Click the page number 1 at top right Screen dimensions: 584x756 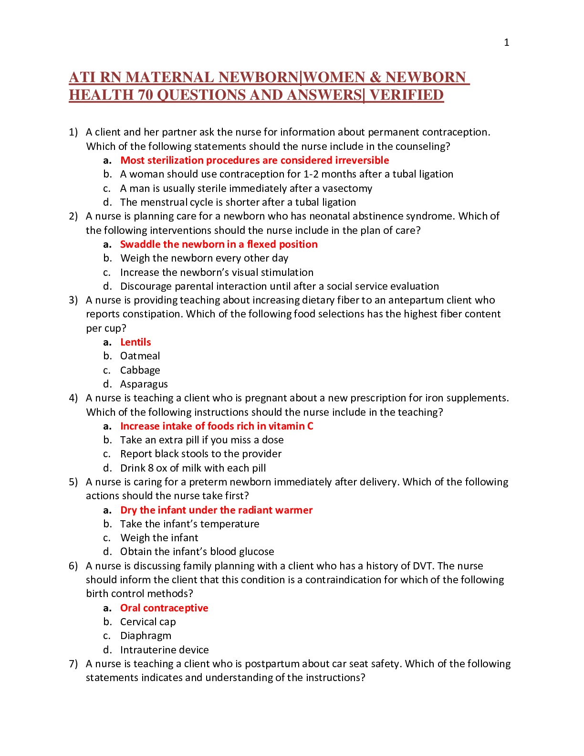coord(506,42)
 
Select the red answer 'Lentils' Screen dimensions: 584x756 coord(136,342)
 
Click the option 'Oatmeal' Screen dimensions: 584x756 coord(140,356)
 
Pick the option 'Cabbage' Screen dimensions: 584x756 coord(140,370)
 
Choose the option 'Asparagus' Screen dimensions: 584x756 coord(144,384)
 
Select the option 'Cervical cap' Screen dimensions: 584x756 coord(148,622)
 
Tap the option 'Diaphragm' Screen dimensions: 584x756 coord(146,636)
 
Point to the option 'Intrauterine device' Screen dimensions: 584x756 coord(165,650)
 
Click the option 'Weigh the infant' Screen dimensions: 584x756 coord(159,538)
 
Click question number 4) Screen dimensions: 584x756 coord(73,398)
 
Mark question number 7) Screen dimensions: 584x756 coord(73,664)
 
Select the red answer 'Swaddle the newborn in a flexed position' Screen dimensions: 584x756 coord(219,244)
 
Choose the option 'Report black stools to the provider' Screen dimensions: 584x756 coord(201,454)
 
